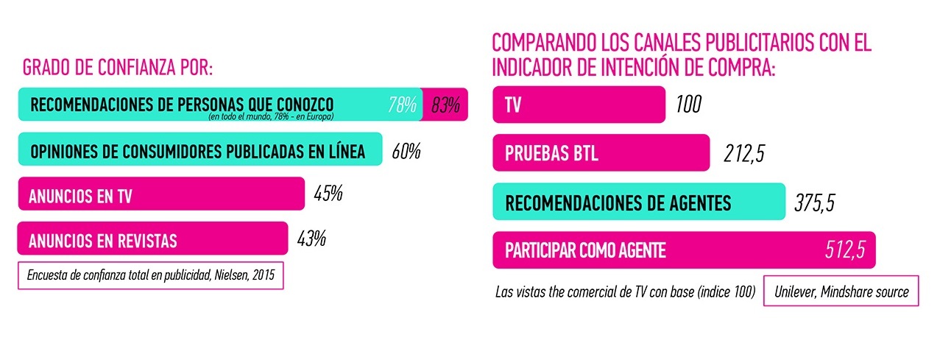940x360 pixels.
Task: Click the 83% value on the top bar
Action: click(446, 105)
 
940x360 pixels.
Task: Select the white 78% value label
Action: click(403, 105)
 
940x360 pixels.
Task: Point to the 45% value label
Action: click(328, 195)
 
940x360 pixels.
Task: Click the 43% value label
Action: click(311, 239)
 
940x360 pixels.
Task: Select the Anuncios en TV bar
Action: click(160, 194)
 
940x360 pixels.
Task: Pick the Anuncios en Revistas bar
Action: click(152, 239)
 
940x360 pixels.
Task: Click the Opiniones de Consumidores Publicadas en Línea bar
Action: click(199, 150)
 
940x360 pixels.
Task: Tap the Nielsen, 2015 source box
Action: click(150, 276)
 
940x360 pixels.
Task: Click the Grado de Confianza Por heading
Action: click(118, 68)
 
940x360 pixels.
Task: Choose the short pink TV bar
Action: click(579, 105)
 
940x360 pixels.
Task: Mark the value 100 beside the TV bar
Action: click(688, 105)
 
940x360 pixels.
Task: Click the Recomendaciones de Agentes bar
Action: click(639, 201)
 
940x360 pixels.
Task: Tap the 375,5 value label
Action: click(814, 202)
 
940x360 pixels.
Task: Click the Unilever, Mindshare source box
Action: click(841, 292)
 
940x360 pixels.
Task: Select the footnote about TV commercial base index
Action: click(626, 292)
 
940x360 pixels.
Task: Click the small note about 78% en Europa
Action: click(271, 117)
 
